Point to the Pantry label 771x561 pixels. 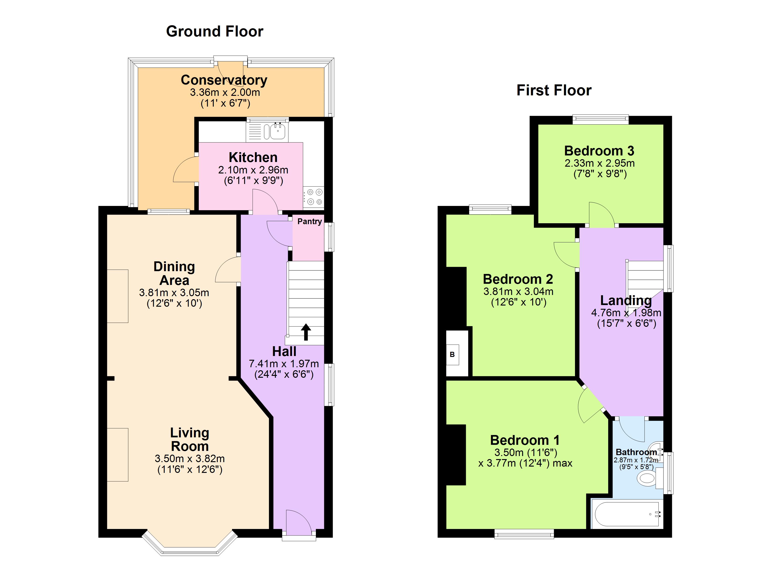click(309, 221)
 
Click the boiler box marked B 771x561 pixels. click(452, 355)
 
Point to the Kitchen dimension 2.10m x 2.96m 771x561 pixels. click(253, 170)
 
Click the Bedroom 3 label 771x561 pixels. click(599, 151)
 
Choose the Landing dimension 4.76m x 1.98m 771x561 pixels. click(626, 313)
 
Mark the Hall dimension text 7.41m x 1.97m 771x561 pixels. click(284, 364)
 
